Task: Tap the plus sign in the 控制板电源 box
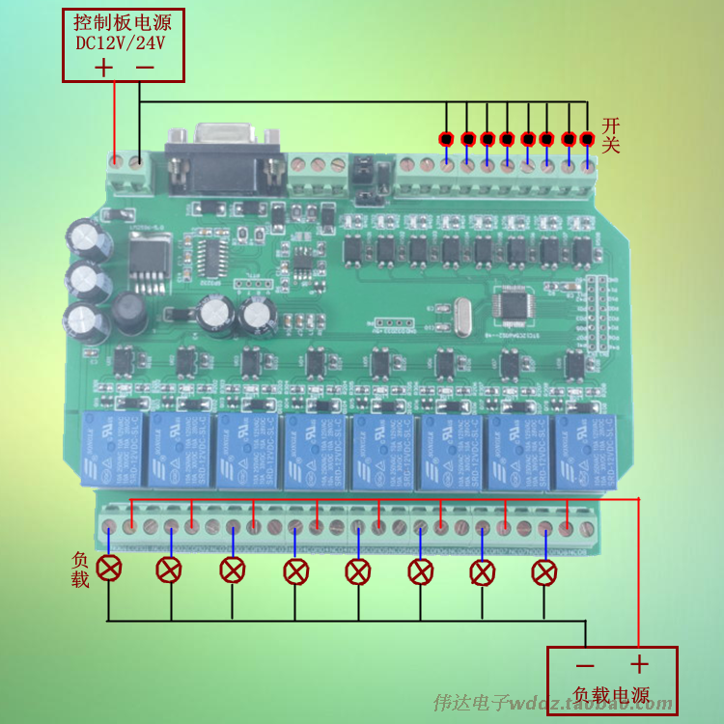click(103, 67)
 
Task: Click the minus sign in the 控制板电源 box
click(145, 67)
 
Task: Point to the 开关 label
click(610, 135)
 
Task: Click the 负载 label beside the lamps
click(80, 570)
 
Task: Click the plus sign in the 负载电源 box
click(638, 665)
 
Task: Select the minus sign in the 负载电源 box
click(585, 665)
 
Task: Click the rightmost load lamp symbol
click(544, 572)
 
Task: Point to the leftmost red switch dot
click(446, 139)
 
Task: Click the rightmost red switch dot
click(588, 139)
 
